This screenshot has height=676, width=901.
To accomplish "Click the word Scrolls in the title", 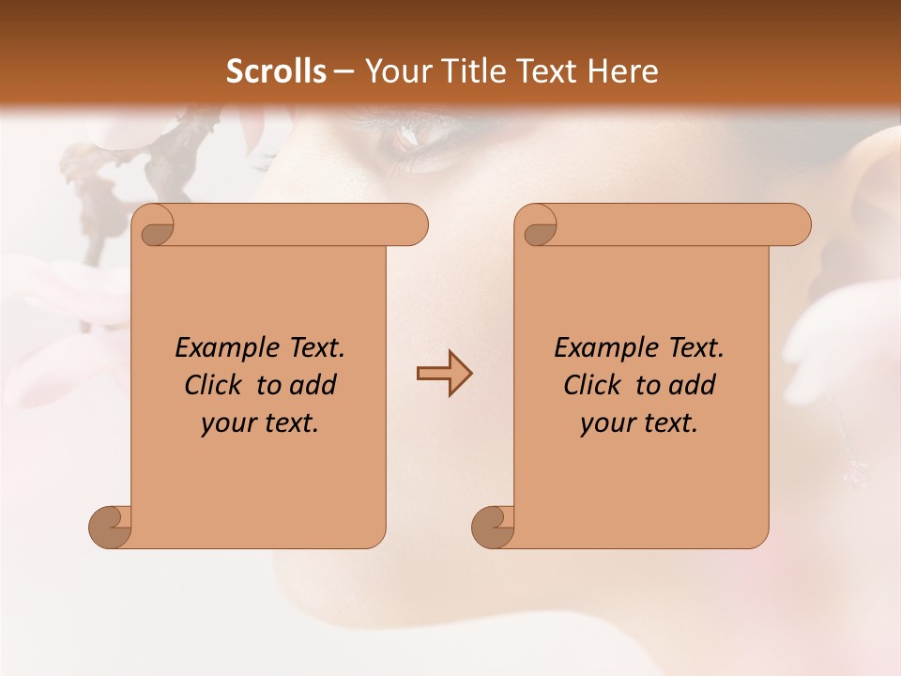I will point(276,71).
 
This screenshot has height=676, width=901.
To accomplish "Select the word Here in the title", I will point(624,71).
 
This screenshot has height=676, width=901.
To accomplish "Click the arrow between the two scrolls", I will point(444,374).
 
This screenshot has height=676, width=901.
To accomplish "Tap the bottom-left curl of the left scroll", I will point(111,526).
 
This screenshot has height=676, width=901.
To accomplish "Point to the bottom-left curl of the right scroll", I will point(493,526).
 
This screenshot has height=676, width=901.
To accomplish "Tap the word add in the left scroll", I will point(312,385).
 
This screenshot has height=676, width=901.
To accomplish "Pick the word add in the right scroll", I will point(692,385).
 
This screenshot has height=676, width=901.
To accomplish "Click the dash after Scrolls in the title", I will point(344,72).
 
